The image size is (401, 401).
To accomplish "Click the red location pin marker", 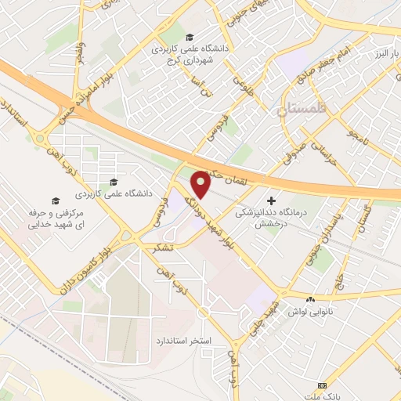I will coord(201,185).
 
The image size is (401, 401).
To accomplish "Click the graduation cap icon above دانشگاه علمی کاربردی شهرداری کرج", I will coord(189,37).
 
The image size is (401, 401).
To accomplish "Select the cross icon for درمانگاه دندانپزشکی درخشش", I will coord(272,200).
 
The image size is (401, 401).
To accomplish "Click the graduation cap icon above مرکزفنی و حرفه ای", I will coord(55,200).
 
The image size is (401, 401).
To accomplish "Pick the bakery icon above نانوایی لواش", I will coord(312,300).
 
